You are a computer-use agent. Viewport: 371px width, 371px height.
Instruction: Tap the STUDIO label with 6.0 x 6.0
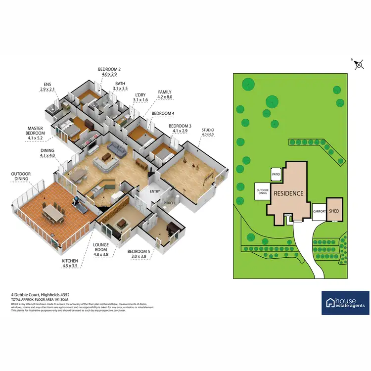(208, 133)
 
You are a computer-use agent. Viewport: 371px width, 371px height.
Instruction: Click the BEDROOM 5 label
(138, 254)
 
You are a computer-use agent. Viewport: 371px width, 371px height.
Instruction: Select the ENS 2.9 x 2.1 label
(47, 87)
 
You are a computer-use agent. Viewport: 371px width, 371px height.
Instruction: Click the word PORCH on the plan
(169, 203)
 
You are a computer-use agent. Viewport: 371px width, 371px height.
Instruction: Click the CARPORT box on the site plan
(319, 211)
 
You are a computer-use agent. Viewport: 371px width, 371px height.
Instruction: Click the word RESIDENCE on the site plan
(288, 193)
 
